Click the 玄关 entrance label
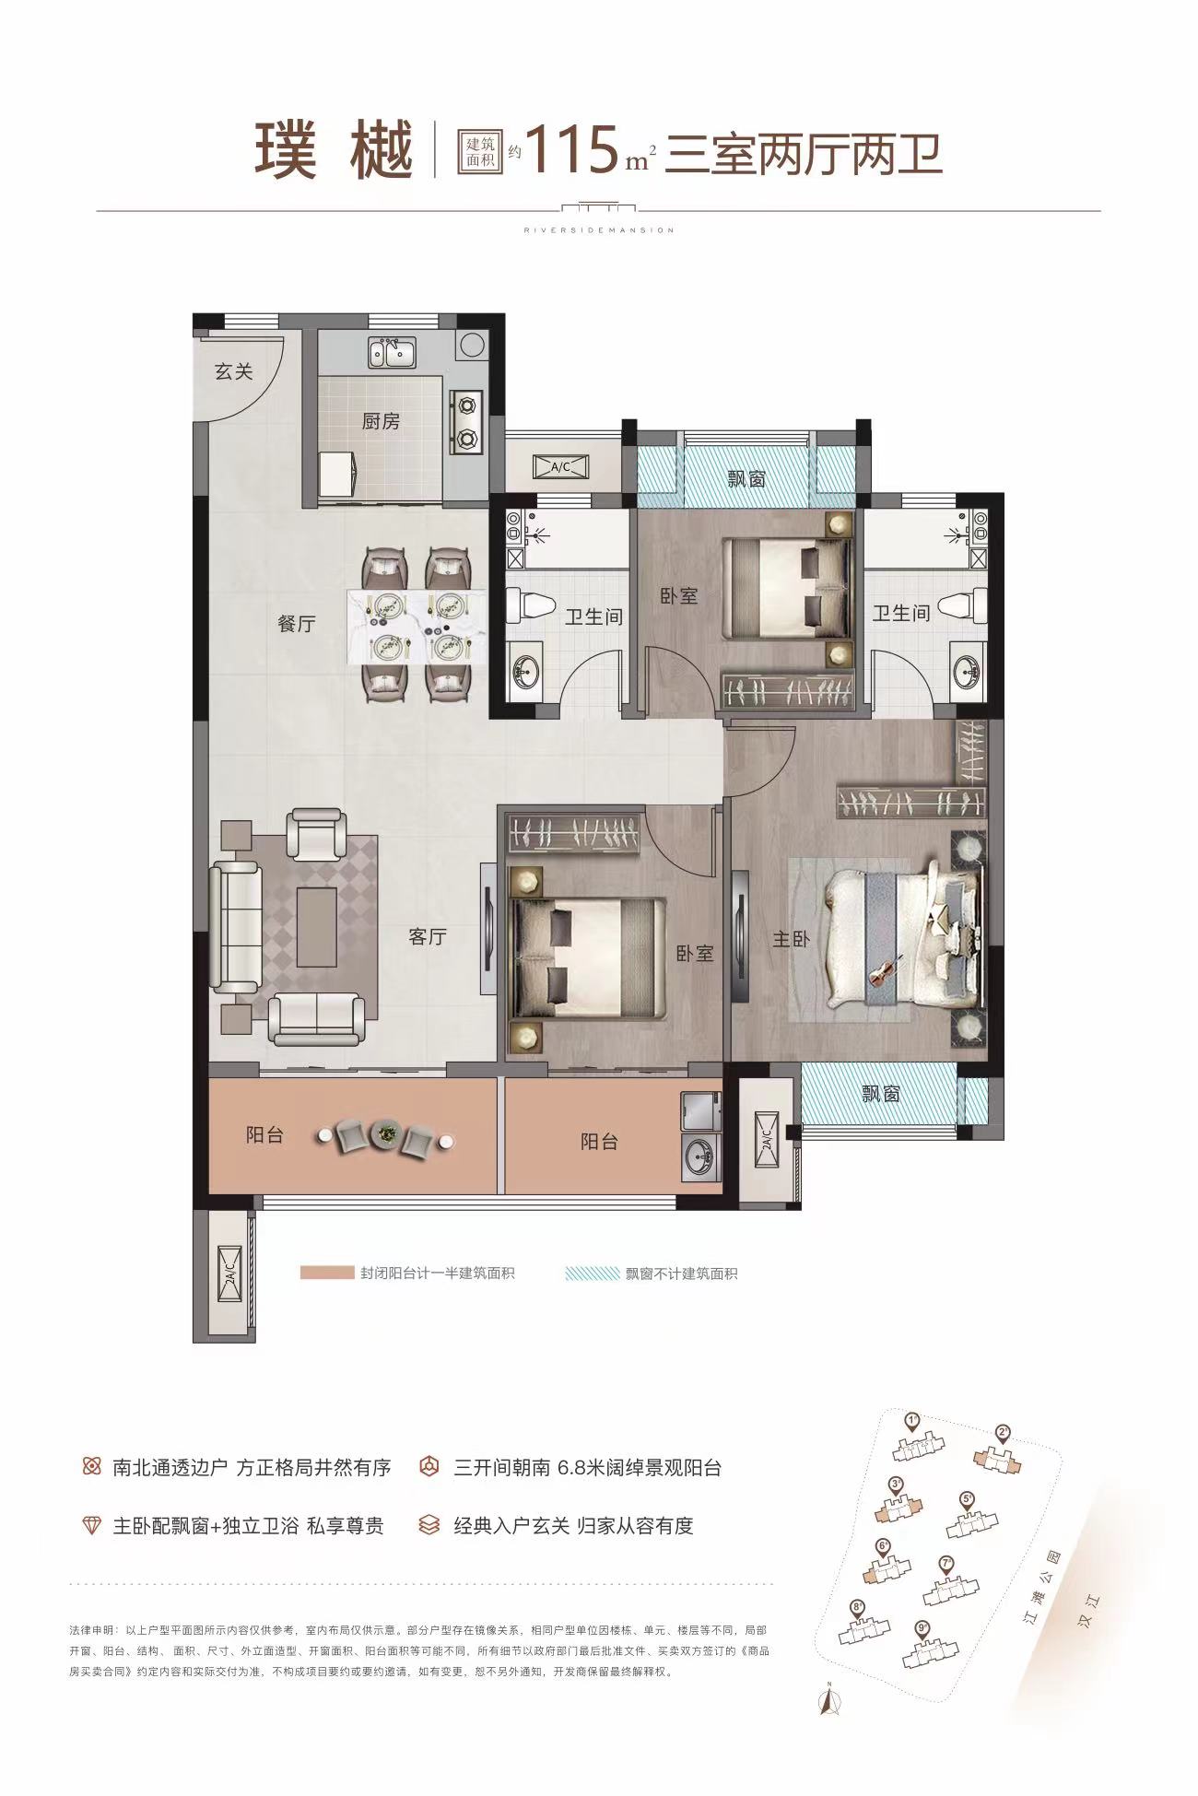pos(234,371)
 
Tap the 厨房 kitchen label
pos(381,421)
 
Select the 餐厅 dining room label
pos(297,624)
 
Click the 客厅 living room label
pos(428,936)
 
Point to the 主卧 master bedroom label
pos(791,939)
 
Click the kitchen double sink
pos(393,352)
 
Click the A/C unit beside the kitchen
pos(561,468)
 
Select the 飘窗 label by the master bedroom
pos(881,1094)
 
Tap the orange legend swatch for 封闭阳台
pos(326,1274)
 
